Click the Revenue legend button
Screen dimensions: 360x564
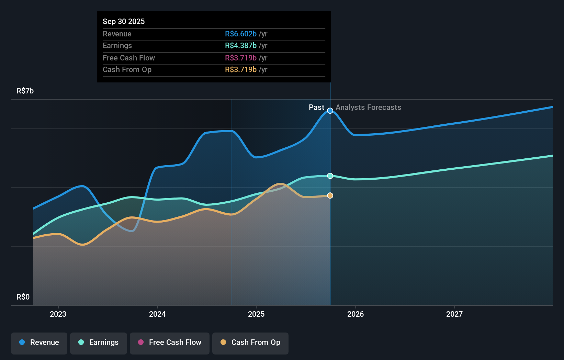[x=39, y=343]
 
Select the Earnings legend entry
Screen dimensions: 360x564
[x=99, y=343]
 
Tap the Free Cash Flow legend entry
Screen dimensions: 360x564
[x=170, y=343]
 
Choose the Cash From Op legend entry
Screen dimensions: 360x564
[x=250, y=343]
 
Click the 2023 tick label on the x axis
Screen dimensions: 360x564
[x=58, y=314]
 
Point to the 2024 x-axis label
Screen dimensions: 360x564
[x=157, y=314]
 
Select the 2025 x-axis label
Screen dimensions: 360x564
[x=256, y=314]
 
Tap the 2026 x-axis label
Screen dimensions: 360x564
[x=356, y=314]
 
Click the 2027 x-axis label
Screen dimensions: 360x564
[x=454, y=314]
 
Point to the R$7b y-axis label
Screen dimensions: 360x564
[x=25, y=91]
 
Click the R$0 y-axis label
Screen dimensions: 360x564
[x=23, y=297]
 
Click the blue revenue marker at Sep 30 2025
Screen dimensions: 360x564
[x=330, y=111]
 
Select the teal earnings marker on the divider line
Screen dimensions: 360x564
[x=330, y=176]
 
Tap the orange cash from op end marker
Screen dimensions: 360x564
[x=330, y=195]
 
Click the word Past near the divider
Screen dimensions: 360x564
[x=316, y=107]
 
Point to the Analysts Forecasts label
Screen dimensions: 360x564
[x=368, y=107]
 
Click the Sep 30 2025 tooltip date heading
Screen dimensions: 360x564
[x=124, y=21]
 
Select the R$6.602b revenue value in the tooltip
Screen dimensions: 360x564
[x=241, y=34]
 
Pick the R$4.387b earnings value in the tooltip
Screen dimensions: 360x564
[x=241, y=45]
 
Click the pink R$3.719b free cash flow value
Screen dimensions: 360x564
[x=241, y=58]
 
